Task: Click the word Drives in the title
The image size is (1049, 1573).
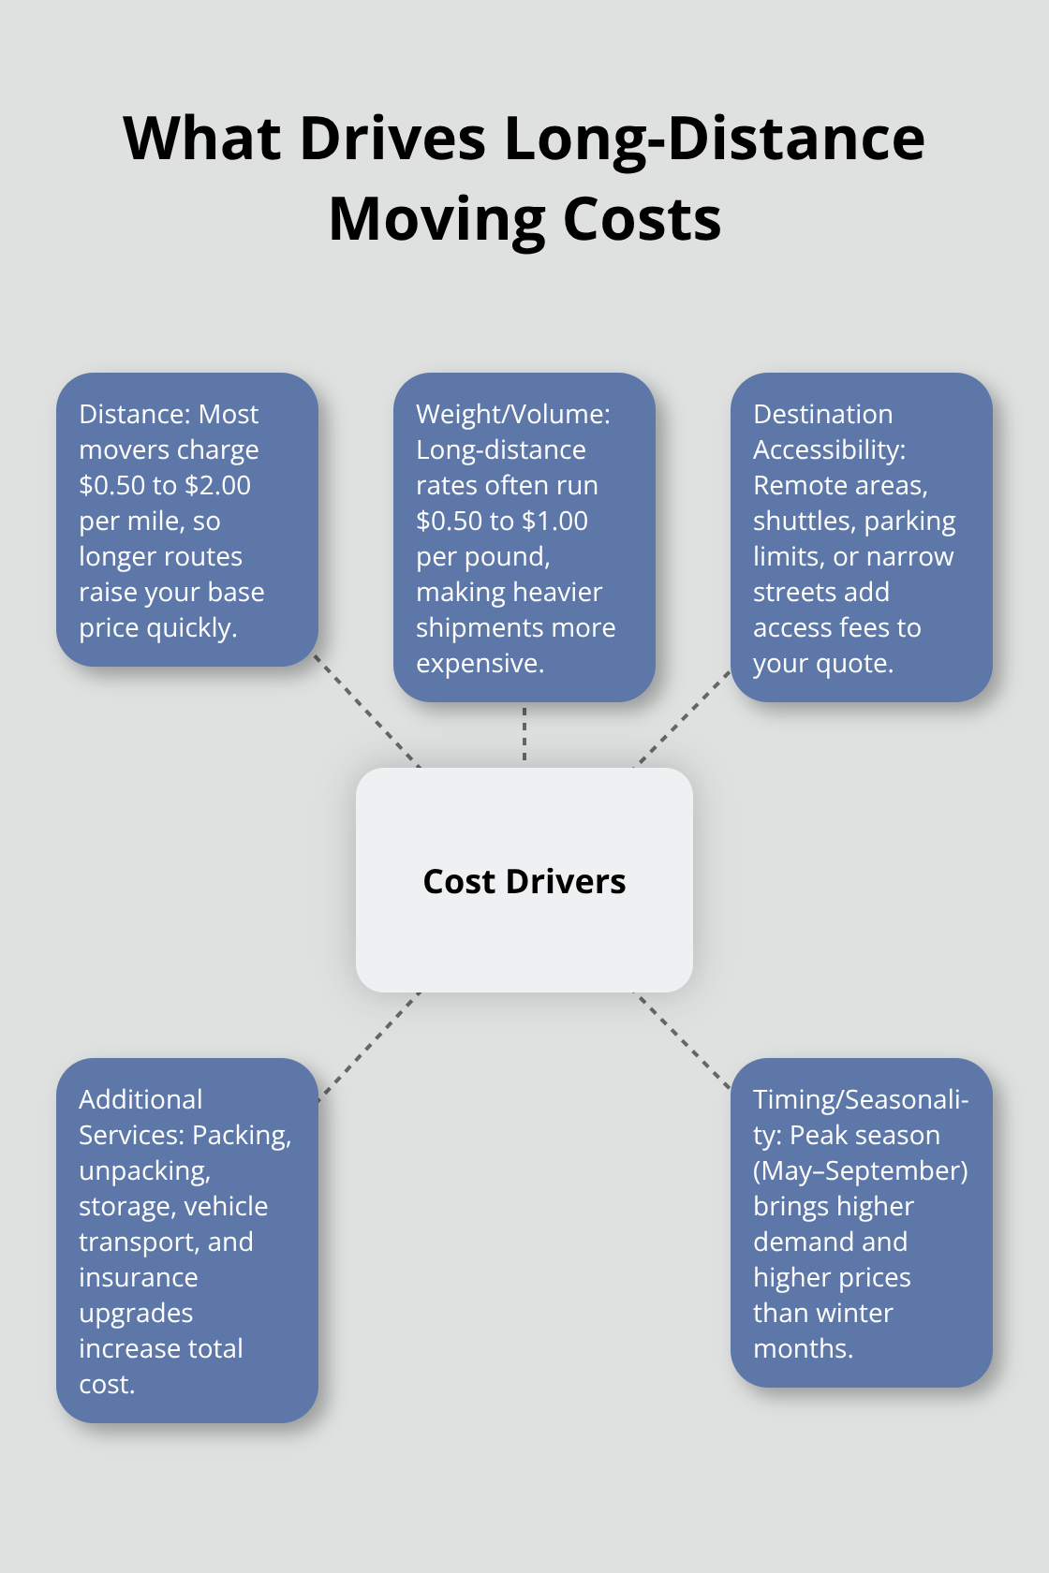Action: click(x=392, y=139)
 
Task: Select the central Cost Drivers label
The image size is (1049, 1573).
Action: click(x=524, y=881)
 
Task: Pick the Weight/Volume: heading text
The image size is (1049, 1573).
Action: click(x=512, y=414)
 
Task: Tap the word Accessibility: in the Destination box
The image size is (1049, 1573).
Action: click(x=829, y=449)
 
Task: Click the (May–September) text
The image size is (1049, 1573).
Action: click(x=860, y=1170)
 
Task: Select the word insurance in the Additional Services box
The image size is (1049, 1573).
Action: click(x=138, y=1277)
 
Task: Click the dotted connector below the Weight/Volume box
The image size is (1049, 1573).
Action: click(x=524, y=734)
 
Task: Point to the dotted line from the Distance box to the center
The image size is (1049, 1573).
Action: click(x=367, y=712)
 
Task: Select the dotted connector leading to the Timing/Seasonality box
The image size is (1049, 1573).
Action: click(x=682, y=1041)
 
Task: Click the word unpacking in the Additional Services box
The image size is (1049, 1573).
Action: click(x=143, y=1170)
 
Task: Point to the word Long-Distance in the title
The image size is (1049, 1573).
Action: click(x=715, y=139)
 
